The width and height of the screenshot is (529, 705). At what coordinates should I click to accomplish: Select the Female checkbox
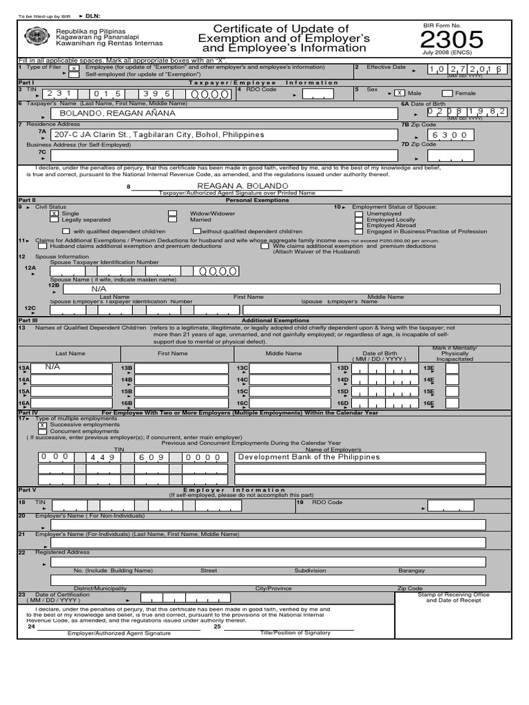pyautogui.click(x=447, y=93)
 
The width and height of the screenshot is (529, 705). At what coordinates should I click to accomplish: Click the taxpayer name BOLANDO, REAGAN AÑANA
pyautogui.click(x=117, y=113)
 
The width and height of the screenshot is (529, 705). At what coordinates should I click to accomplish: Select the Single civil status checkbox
pyautogui.click(x=54, y=214)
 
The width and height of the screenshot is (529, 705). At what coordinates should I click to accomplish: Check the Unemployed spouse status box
pyautogui.click(x=359, y=214)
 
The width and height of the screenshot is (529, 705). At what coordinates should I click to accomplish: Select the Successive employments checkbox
pyautogui.click(x=43, y=425)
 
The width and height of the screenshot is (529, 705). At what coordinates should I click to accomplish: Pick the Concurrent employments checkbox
pyautogui.click(x=43, y=432)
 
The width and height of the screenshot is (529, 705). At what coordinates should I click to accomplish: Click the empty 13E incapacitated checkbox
pyautogui.click(x=452, y=368)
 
